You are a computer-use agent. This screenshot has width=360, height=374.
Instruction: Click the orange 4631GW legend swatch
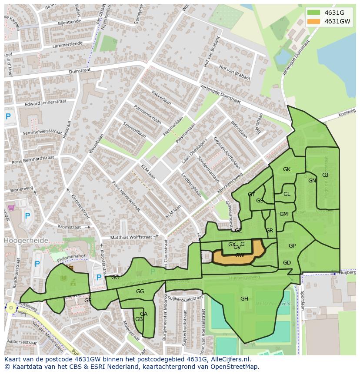coord(313,21)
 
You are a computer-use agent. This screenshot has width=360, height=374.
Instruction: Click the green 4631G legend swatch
coord(313,13)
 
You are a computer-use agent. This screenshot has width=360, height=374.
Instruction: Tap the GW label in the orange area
coord(240,255)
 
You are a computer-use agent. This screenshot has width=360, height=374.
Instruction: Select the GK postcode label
coord(287,169)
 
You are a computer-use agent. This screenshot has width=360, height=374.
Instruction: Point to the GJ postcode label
coord(325,175)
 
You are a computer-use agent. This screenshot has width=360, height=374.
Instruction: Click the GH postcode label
coord(244,299)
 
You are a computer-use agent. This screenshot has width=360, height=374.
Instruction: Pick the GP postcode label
coord(292,246)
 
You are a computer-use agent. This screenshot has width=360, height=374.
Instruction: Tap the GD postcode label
coord(287,263)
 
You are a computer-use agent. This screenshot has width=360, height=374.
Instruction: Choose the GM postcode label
coord(283,214)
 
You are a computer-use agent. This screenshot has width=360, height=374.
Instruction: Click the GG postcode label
coord(140,291)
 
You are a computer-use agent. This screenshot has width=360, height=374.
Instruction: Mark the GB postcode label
coord(139,319)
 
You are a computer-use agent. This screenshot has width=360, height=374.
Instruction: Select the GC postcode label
coord(115,278)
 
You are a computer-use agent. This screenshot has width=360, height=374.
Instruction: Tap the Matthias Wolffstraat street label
coord(131,238)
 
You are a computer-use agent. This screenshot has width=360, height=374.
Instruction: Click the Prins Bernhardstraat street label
coord(33,159)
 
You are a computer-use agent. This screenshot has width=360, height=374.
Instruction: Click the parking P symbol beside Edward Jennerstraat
coord(8,116)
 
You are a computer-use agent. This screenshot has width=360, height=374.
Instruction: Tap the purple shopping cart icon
coord(11,208)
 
